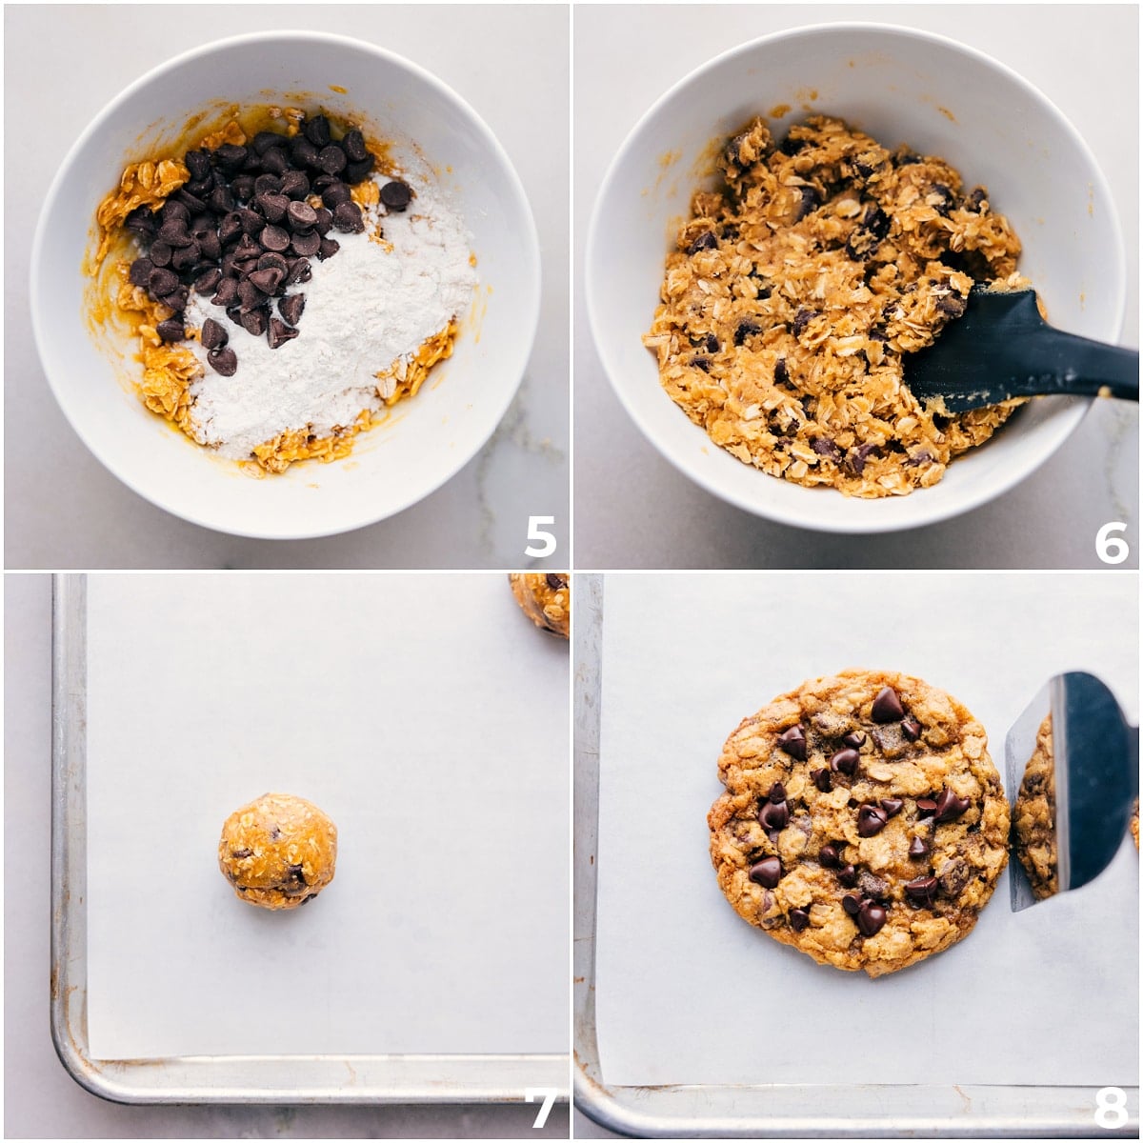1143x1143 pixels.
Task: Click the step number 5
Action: coord(539,536)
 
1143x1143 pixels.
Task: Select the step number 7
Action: coord(540,1108)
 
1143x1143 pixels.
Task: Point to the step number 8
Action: coord(1110,1108)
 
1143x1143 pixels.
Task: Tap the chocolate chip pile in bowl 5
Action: coord(248,229)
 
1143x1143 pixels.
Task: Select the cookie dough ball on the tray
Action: coord(277,851)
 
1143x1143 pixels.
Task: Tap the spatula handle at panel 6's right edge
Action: coord(1095,367)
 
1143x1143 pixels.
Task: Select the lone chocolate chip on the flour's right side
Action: coord(395,194)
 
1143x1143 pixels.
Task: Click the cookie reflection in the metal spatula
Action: coord(1036,810)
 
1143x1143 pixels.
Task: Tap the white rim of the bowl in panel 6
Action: coord(610,286)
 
